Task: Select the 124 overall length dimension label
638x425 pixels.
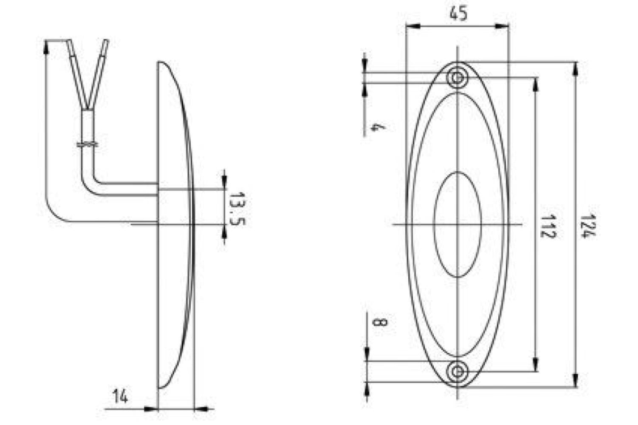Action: [x=587, y=226]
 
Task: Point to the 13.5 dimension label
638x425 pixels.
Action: [x=237, y=209]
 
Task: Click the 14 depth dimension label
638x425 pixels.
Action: [x=121, y=396]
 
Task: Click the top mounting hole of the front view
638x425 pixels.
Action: [x=457, y=77]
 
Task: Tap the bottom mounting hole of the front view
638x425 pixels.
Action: [x=457, y=371]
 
